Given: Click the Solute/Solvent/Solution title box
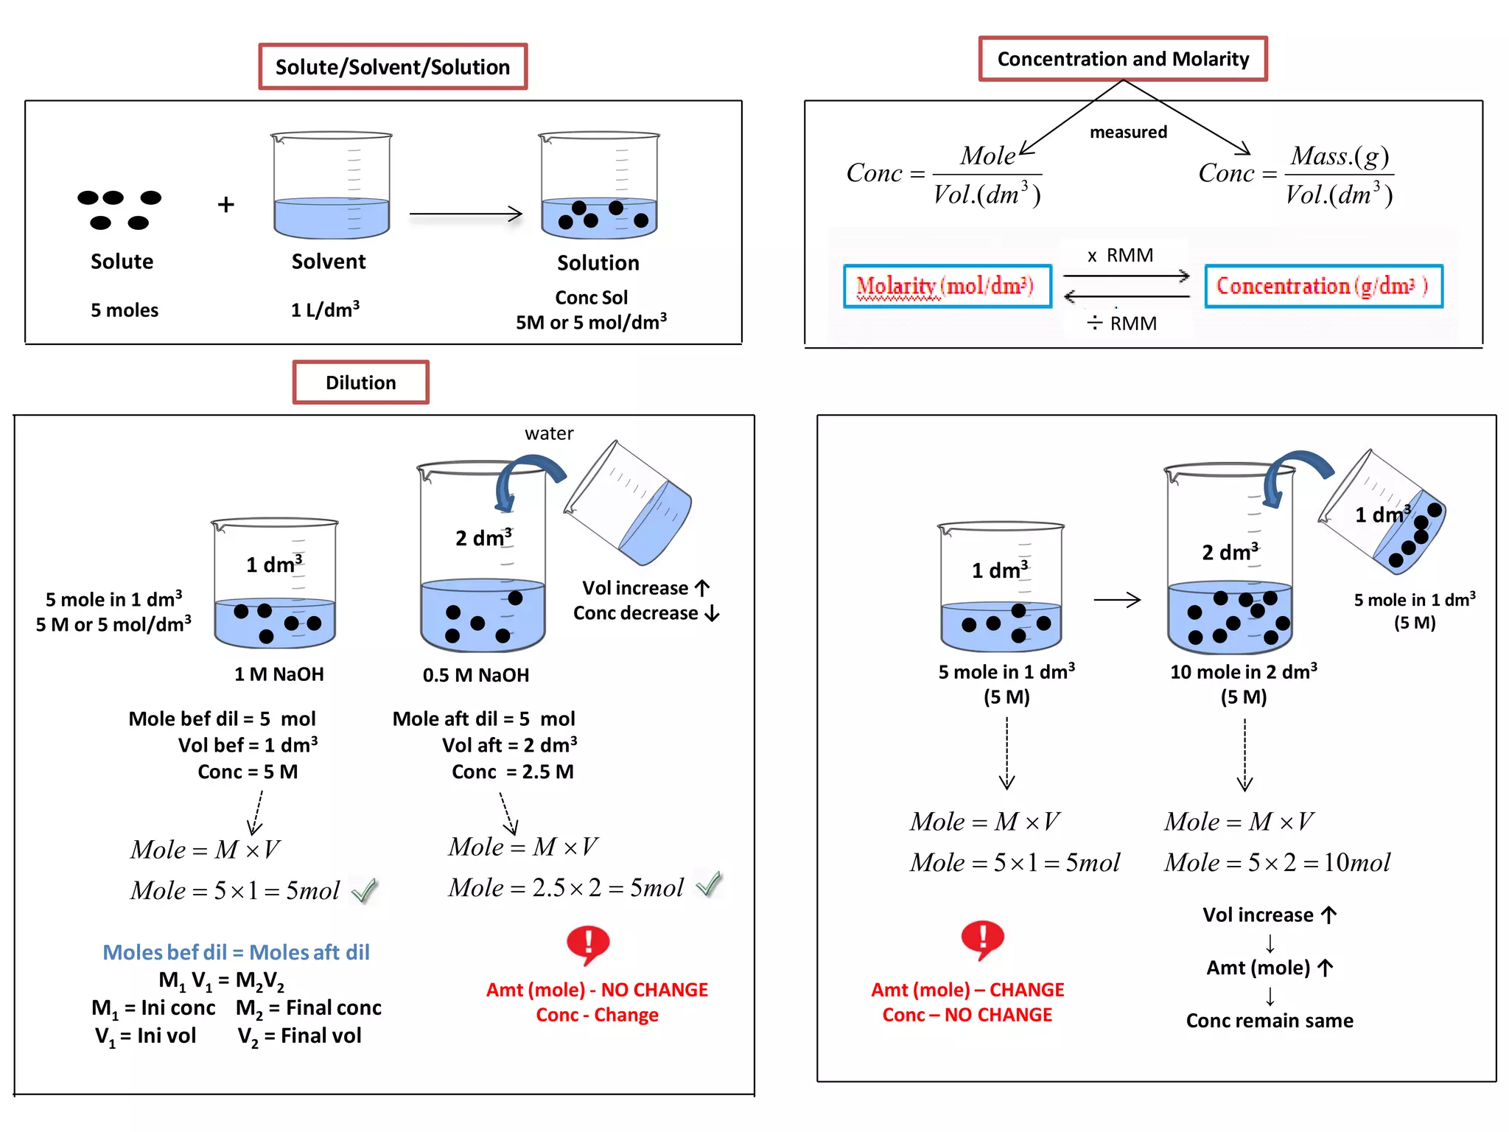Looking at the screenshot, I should pyautogui.click(x=393, y=67).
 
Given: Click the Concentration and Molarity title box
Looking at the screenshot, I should pyautogui.click(x=1122, y=59).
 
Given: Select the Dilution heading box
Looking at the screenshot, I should pyautogui.click(x=360, y=382).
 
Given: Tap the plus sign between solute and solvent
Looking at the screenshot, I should pyautogui.click(x=226, y=204).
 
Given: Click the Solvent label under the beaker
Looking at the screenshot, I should pyautogui.click(x=329, y=262).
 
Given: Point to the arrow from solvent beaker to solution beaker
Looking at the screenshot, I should pyautogui.click(x=466, y=214).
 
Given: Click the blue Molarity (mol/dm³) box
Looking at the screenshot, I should pyautogui.click(x=947, y=286).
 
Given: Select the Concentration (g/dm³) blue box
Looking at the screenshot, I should pyautogui.click(x=1323, y=286).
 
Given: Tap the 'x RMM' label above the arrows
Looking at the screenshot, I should pyautogui.click(x=1121, y=256).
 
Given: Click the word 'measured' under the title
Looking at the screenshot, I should pyautogui.click(x=1128, y=132).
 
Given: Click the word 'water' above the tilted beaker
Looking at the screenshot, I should pyautogui.click(x=549, y=433).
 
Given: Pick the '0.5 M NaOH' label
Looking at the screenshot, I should pyautogui.click(x=476, y=675).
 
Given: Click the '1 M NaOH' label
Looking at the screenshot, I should pyautogui.click(x=279, y=674).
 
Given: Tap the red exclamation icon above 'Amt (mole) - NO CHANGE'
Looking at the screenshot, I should pyautogui.click(x=588, y=944).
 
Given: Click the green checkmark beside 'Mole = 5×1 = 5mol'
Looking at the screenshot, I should pyautogui.click(x=365, y=891).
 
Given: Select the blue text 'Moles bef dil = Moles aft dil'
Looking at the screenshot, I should pyautogui.click(x=236, y=952).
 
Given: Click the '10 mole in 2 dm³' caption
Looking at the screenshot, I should pyautogui.click(x=1243, y=672).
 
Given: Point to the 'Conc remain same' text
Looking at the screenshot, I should pyautogui.click(x=1269, y=1021).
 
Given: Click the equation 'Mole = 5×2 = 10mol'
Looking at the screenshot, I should pyautogui.click(x=1277, y=862).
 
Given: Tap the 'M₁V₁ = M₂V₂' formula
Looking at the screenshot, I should pyautogui.click(x=221, y=981).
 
